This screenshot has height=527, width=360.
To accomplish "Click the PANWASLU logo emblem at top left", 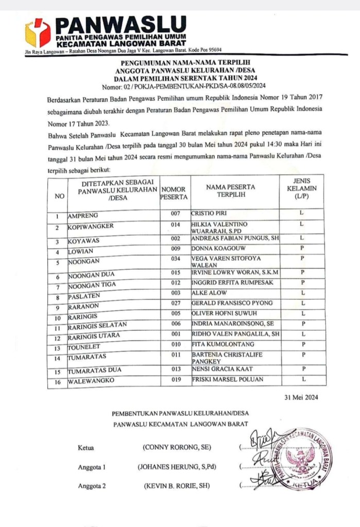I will [x=38, y=32].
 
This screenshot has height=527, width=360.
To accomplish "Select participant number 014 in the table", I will [x=176, y=225].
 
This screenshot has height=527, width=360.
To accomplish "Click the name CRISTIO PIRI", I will [x=209, y=214].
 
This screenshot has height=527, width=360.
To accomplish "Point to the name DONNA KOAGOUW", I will [x=215, y=249].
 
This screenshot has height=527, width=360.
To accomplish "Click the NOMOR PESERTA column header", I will [x=174, y=193].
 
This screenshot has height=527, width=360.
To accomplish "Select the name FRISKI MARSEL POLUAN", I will [x=227, y=380].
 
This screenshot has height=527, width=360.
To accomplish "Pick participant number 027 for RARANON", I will [x=176, y=304].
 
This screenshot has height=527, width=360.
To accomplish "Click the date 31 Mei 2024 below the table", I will [x=304, y=397].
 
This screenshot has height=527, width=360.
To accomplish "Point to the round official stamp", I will [x=301, y=458].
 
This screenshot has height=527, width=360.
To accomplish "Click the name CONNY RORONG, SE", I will [x=176, y=448].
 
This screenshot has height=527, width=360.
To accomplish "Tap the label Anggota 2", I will [x=92, y=486].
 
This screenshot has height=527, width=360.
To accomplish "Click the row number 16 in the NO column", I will [x=57, y=382].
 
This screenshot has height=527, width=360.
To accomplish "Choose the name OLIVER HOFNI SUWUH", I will [x=224, y=313].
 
